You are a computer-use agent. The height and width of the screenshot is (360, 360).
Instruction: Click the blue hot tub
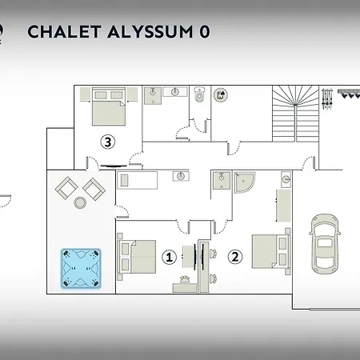coord(81,269)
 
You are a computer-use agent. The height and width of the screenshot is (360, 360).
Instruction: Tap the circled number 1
coord(170,258)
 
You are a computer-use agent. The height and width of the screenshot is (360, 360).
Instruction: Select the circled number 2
coord(235,257)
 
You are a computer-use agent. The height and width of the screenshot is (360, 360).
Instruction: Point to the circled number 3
coord(108,142)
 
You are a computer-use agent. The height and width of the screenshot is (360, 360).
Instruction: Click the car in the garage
coord(325,244)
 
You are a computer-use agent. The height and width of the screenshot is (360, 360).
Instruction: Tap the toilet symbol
coord(200,94)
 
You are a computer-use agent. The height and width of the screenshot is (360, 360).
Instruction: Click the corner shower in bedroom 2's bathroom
coord(244,182)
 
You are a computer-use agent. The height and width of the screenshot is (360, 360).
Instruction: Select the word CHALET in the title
coord(64,32)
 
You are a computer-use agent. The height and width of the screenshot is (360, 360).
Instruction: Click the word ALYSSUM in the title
coord(150,32)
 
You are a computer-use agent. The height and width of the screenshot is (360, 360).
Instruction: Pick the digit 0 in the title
coord(205,32)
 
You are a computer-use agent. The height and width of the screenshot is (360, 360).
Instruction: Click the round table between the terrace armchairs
coord(80,202)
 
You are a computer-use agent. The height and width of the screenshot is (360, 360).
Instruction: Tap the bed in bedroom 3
coord(109,106)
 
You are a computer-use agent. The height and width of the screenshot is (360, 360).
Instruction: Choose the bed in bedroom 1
coord(136,257)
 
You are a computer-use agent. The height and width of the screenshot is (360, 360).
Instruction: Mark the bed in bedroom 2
coord(271,251)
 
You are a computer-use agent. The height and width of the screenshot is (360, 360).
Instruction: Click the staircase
coord(295,114)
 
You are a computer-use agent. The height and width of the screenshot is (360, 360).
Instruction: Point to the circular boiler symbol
coord(221,95)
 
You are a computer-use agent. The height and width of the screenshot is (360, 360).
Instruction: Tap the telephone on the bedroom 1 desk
coord(185,279)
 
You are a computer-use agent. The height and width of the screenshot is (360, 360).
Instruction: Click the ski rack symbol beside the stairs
coord(327,98)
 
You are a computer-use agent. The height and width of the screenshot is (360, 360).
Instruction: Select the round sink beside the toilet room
coord(175,92)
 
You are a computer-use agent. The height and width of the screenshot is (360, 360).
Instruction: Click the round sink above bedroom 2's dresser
coord(286,179)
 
